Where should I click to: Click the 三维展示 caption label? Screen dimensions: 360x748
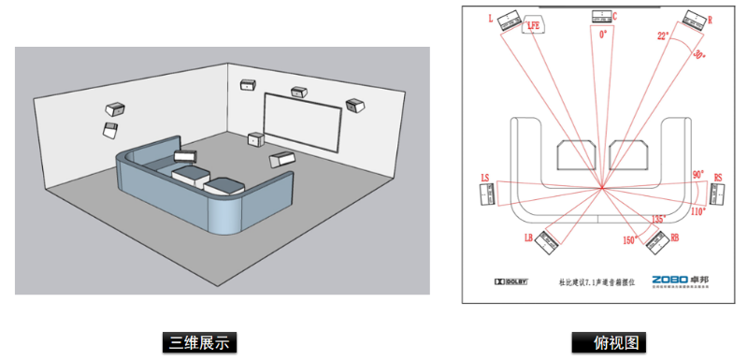(x=195, y=342)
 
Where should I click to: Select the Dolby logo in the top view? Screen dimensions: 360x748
(x=511, y=281)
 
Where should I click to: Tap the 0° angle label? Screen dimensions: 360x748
(x=604, y=34)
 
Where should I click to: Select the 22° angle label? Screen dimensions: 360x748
(x=663, y=36)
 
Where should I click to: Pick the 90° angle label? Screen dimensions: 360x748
(x=698, y=175)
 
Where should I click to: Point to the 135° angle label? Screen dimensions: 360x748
(x=658, y=219)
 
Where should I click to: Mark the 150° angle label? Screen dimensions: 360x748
(x=629, y=240)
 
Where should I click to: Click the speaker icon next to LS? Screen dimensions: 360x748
(x=490, y=194)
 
